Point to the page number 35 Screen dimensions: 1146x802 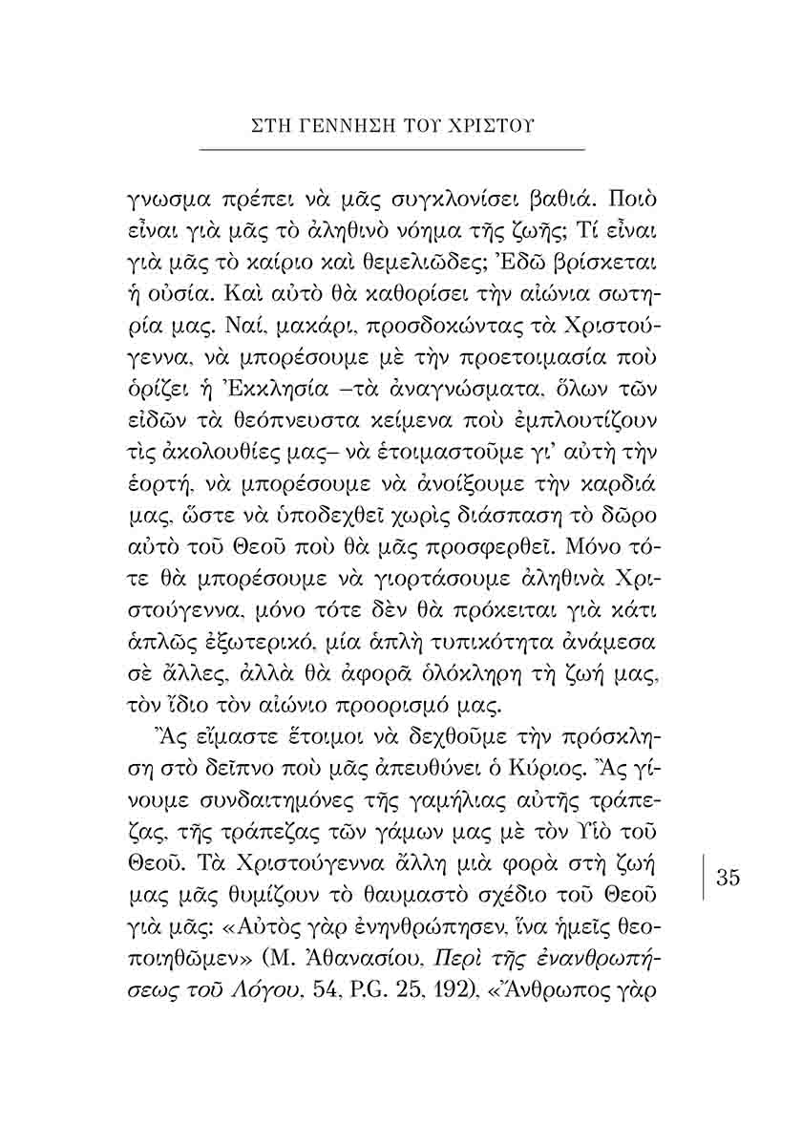point(728,877)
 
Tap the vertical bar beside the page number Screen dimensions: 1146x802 point(705,877)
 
